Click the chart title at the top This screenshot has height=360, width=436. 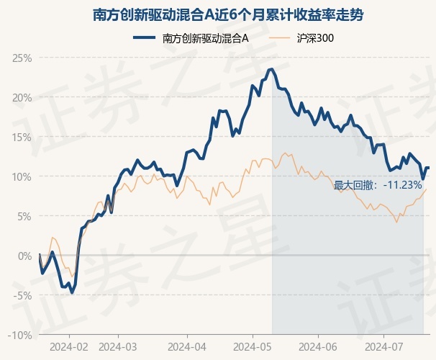[x=218, y=14]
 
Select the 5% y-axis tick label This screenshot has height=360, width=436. [x=24, y=216]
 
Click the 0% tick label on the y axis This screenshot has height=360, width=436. [x=24, y=256]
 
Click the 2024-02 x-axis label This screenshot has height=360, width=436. [x=69, y=346]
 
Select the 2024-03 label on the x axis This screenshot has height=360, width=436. [x=117, y=346]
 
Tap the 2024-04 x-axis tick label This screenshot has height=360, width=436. [x=187, y=346]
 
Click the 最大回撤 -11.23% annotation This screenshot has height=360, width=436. [x=378, y=185]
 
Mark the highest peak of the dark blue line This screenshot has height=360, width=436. [x=272, y=69]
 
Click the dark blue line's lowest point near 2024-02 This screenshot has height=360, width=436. [x=72, y=293]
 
